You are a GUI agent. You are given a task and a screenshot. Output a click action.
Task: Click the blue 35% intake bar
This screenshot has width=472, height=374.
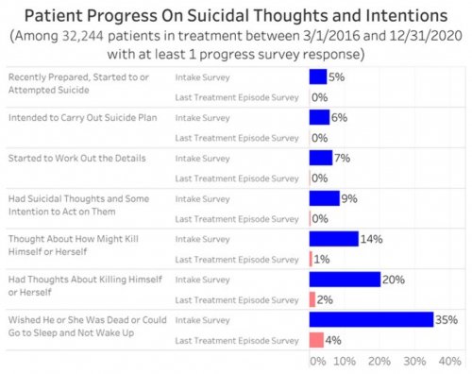pos(371,319)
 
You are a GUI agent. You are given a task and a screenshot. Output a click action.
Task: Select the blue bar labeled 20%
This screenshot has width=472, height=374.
pos(345,279)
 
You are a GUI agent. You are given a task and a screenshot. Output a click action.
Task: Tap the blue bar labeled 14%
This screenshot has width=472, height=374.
pos(333,239)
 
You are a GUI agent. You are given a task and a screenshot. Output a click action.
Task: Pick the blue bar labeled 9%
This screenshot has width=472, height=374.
pos(324,198)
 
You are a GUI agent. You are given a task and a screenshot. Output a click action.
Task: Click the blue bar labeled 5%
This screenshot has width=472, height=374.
pos(317,76)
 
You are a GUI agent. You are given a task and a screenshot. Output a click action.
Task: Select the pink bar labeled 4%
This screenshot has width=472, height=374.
pos(316,339)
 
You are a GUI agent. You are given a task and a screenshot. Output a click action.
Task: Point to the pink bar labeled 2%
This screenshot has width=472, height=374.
pos(312,299)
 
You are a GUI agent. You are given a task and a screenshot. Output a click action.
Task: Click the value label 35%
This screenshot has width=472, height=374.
pos(447,319)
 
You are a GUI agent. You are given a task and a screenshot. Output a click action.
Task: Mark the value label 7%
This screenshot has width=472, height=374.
pos(343,158)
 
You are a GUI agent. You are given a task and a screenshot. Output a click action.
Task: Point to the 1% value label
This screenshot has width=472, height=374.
pos(322,260)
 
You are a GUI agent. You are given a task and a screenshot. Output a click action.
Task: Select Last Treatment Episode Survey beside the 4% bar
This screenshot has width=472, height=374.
pos(237,339)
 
